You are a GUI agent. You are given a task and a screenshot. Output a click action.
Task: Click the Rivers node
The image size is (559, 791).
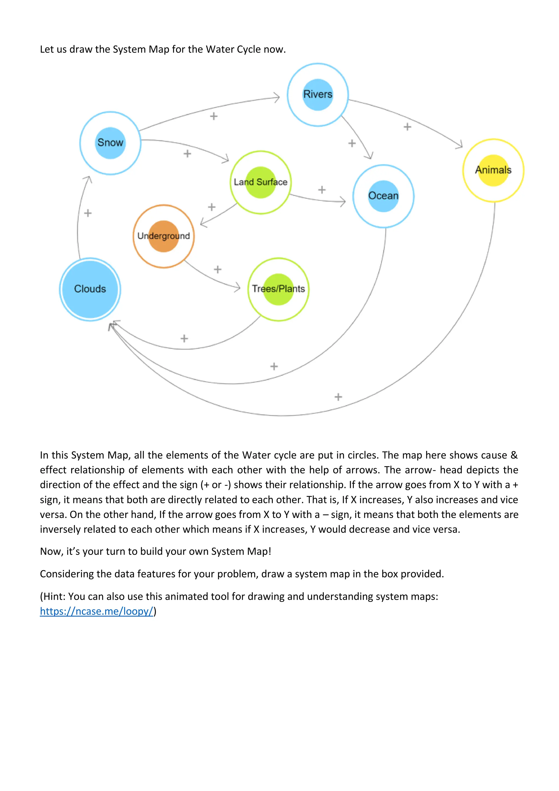coord(318,95)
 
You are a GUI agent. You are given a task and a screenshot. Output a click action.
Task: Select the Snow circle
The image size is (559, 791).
coord(110,143)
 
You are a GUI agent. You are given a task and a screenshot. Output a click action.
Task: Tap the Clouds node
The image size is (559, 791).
coord(90,289)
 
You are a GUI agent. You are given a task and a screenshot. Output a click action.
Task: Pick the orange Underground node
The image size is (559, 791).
coord(163,236)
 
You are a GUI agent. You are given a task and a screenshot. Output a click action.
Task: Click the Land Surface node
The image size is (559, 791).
coord(261,182)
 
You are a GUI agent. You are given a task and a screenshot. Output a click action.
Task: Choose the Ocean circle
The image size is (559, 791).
coord(383,196)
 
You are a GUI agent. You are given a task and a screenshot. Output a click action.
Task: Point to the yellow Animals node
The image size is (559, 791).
coord(493,170)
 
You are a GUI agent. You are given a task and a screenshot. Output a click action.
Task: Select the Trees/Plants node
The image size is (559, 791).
coord(278,289)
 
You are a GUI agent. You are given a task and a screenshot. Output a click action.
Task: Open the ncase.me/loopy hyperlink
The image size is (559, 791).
coord(96,611)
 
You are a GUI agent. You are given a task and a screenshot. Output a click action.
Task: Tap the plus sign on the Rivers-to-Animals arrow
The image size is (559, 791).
coord(407,127)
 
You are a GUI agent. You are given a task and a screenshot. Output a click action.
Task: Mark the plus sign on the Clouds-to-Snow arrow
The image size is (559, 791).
coord(88,213)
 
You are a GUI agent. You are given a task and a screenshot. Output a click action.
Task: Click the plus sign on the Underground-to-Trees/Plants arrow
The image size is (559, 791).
coord(218,269)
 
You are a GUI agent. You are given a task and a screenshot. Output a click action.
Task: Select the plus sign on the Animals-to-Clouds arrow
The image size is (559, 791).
coord(338,397)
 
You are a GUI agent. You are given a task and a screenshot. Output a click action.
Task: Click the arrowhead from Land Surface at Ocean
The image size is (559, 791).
coord(343,202)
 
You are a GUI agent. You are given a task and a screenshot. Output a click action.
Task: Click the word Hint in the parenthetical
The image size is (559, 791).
coord(53,596)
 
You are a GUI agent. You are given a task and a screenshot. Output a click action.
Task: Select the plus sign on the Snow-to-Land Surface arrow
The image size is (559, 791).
coord(187,153)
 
